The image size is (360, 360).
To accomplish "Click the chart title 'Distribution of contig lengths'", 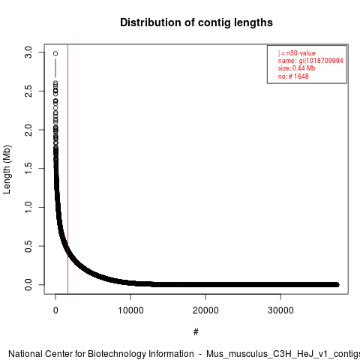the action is click(x=196, y=22).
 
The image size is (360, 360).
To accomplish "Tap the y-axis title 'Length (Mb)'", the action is click(x=7, y=169).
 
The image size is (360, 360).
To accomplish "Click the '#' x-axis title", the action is click(x=196, y=332).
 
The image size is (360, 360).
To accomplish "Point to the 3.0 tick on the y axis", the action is click(x=28, y=52).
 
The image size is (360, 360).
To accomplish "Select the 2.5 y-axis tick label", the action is click(x=28, y=91).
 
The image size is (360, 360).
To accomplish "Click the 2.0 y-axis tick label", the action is click(x=28, y=130).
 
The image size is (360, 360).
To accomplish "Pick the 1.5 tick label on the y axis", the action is click(x=28, y=169).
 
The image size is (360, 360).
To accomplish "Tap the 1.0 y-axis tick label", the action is click(x=28, y=207).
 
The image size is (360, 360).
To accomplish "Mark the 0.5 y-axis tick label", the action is click(x=28, y=246).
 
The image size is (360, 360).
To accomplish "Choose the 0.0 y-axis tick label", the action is click(x=28, y=285).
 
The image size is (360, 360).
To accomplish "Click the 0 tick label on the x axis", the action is click(x=55, y=310).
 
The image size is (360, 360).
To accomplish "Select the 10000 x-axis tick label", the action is click(x=130, y=310).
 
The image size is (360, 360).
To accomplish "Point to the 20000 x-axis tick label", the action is click(x=205, y=310).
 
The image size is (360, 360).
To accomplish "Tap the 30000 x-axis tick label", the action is click(x=280, y=310).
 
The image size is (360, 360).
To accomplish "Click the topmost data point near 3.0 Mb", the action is click(x=55, y=53).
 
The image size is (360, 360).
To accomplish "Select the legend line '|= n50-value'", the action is click(x=297, y=53).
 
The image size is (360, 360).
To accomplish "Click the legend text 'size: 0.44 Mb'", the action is click(x=297, y=68).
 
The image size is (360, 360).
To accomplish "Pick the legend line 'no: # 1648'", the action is click(x=293, y=76).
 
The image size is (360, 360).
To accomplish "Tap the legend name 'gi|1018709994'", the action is click(x=321, y=61).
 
